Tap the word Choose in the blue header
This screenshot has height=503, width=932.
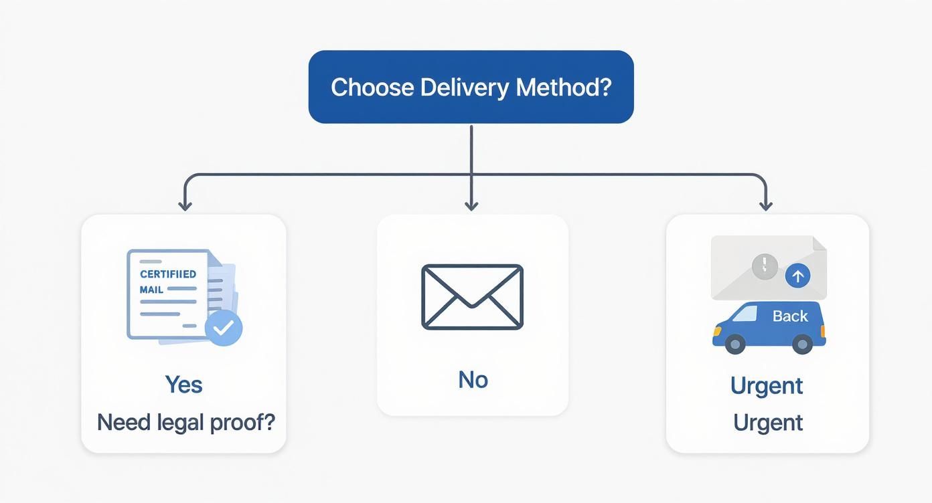(x=371, y=88)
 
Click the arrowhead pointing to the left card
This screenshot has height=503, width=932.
(x=185, y=205)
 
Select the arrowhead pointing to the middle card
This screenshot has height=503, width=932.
(x=471, y=205)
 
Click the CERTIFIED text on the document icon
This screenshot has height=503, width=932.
(x=168, y=274)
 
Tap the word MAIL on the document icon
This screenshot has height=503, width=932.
(x=151, y=290)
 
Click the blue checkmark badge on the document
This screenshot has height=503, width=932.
(x=223, y=327)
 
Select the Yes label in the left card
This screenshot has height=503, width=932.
(x=183, y=385)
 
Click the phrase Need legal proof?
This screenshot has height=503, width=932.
(x=185, y=422)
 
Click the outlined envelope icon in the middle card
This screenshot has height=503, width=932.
(x=472, y=296)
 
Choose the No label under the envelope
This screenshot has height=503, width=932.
(x=473, y=380)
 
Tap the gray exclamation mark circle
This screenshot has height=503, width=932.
(x=765, y=266)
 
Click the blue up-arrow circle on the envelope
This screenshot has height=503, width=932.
(x=797, y=275)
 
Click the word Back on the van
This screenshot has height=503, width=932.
(x=790, y=316)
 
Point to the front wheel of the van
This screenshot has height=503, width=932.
(x=734, y=344)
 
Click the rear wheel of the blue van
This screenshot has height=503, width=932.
(x=802, y=344)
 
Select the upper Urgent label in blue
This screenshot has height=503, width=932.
(x=767, y=386)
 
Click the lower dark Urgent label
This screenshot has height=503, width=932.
(x=767, y=423)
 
